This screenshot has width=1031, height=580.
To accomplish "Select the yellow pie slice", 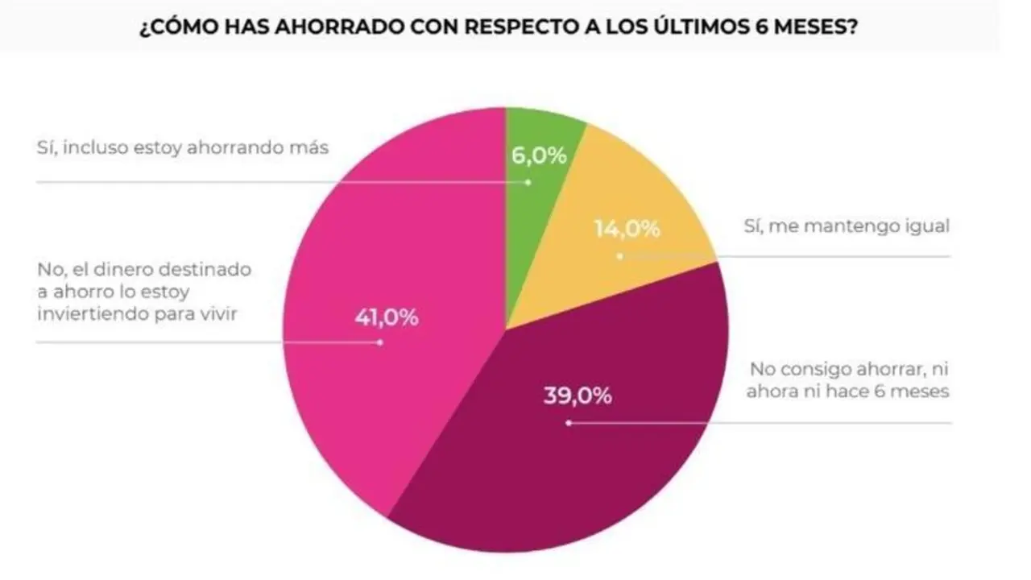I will pos(628,201).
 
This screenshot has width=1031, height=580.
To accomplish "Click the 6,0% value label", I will pos(539,155).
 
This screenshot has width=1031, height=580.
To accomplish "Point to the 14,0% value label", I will pos(627,229).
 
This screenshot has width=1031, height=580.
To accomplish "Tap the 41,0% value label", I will pos(387,317).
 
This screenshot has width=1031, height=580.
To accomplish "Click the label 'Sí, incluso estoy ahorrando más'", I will pos(183,148).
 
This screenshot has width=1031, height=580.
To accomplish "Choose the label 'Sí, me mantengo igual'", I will pos(847,226).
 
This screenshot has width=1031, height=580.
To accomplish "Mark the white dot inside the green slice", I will pos(529,182).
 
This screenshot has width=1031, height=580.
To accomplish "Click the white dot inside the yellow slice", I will pos(619,257).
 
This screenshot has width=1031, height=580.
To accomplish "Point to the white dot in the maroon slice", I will pos(569,422).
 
